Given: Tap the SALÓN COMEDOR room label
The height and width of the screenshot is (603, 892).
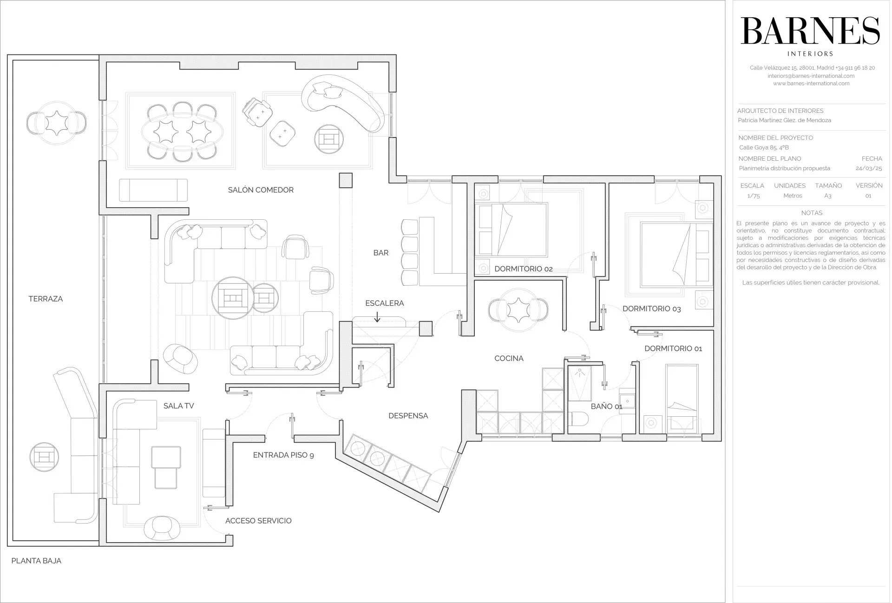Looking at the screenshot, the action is pyautogui.click(x=261, y=190).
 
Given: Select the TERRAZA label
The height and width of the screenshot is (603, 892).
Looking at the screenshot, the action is pyautogui.click(x=46, y=299).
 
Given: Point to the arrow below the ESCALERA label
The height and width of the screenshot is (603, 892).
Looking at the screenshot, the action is pyautogui.click(x=377, y=317).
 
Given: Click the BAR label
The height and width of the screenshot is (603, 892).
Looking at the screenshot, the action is pyautogui.click(x=381, y=253).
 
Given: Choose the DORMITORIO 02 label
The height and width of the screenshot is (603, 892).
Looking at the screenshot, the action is pyautogui.click(x=524, y=269).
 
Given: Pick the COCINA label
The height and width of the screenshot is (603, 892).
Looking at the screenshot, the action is pyautogui.click(x=509, y=358).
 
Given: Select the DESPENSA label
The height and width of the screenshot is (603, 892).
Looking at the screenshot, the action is pyautogui.click(x=408, y=416).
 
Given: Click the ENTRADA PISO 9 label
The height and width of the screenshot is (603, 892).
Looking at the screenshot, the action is pyautogui.click(x=283, y=455).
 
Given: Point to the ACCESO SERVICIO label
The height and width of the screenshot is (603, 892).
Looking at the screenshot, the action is pyautogui.click(x=258, y=521).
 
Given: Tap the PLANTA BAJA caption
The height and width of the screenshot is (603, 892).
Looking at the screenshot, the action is pyautogui.click(x=36, y=561).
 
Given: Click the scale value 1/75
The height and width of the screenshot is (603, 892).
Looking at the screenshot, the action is pyautogui.click(x=754, y=196).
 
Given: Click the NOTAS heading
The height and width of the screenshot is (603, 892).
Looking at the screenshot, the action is pyautogui.click(x=812, y=213).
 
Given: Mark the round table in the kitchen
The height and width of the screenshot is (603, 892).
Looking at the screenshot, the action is pyautogui.click(x=518, y=310).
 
